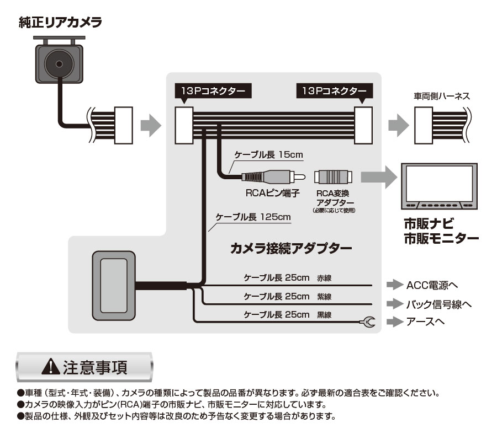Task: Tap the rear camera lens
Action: tap(59, 65)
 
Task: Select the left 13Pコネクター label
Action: tap(212, 90)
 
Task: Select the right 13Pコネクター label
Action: tap(334, 90)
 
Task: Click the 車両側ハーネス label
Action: tap(442, 95)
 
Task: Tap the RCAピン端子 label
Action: tap(272, 193)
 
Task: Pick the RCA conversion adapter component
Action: tap(333, 177)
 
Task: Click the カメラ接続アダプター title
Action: tap(290, 248)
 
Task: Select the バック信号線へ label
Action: tap(438, 303)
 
